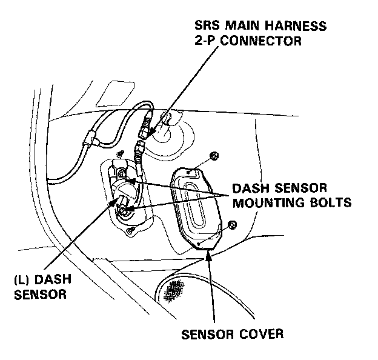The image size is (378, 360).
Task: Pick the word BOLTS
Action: click(331, 203)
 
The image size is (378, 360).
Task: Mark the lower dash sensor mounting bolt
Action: click(123, 212)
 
